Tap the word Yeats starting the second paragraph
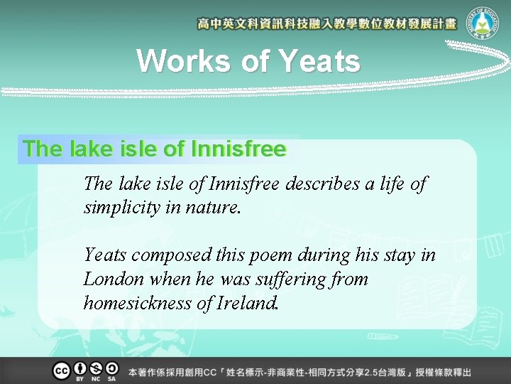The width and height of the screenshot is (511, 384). click(106, 255)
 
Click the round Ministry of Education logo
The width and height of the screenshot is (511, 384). click(484, 24)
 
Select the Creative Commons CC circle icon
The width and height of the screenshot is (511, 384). click(61, 370)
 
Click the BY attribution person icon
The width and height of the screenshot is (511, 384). click(79, 369)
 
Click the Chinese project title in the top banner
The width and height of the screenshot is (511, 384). click(327, 24)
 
